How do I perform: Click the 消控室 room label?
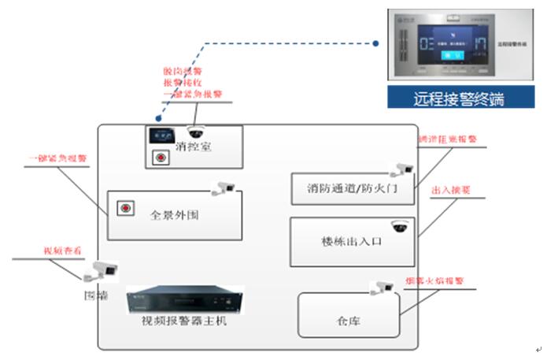point(194,147)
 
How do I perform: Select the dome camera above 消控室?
point(194,131)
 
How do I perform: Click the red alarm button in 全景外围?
point(124,209)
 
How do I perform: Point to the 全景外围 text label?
point(174,213)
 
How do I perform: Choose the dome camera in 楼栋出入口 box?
point(401,226)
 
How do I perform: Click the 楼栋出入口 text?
point(352,242)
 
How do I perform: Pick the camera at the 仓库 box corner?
point(383,287)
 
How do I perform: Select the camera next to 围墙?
point(101,270)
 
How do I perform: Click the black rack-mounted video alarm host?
point(185,300)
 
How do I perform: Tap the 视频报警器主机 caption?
point(183,321)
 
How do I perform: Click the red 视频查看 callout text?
point(61,251)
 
